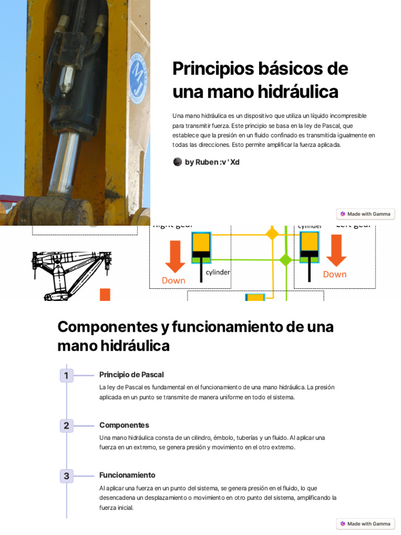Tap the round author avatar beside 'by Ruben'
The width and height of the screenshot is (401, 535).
(178, 162)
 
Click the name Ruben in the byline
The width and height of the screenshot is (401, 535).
(207, 162)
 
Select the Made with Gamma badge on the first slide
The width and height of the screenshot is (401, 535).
(365, 214)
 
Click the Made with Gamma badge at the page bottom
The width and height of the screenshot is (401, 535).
(365, 524)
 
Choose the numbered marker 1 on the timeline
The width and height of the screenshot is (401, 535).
(66, 375)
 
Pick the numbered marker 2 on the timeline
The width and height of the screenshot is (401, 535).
(66, 425)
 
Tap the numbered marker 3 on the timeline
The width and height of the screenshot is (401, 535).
(66, 476)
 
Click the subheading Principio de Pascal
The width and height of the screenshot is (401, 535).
(131, 375)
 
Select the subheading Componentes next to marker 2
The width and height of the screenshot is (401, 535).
(124, 425)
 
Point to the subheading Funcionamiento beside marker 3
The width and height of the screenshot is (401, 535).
(127, 475)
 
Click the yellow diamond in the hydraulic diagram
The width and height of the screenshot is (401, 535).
(272, 234)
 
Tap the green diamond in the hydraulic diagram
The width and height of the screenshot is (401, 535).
(286, 260)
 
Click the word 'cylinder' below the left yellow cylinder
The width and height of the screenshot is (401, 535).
(218, 272)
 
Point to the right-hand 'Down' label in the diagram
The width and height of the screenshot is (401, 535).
(335, 274)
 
